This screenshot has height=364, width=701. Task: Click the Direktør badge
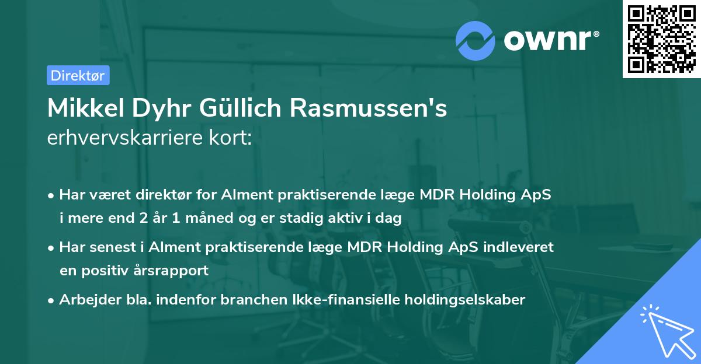pos(78,75)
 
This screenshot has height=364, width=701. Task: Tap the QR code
pos(661,39)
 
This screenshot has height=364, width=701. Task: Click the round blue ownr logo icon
pos(476,40)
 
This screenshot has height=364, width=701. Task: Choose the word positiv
pos(113,271)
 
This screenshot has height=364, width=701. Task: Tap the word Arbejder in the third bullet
pos(86,300)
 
